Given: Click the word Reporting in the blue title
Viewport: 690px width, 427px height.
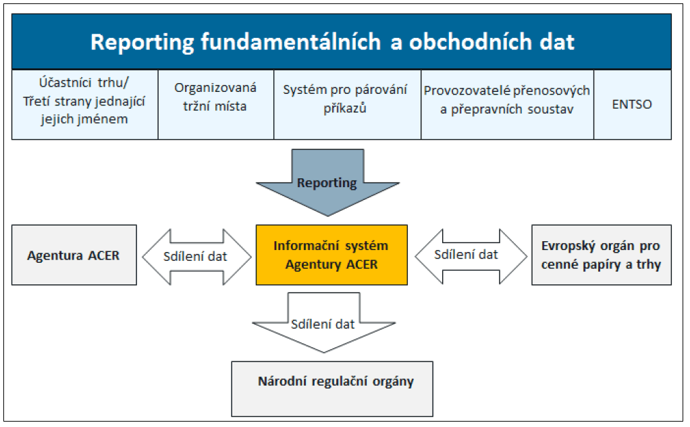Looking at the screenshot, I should point(142,42).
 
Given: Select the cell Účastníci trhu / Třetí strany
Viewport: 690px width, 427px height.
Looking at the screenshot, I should point(84,103).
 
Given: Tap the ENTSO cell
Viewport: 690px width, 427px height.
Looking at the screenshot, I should point(632,104).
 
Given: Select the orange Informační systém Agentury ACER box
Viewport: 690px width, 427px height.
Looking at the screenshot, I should point(331,255).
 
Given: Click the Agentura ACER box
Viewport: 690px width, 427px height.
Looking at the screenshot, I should point(74,255).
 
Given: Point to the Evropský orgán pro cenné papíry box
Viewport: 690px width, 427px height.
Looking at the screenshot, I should point(602,255).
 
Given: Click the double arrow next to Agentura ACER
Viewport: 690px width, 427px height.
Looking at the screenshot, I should point(195,255).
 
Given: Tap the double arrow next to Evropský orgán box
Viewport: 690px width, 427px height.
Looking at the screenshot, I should point(470,255).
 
